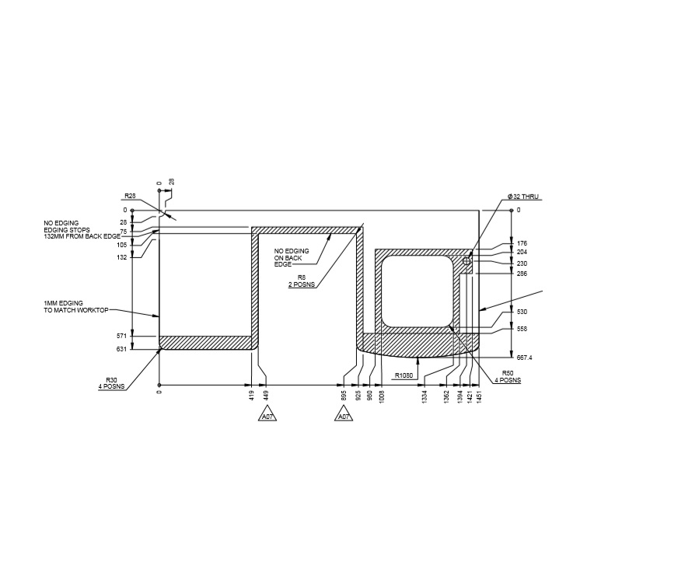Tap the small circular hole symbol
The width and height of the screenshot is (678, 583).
[x=467, y=262]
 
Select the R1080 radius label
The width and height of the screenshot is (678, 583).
[x=404, y=375]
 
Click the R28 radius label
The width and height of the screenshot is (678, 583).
[x=130, y=196]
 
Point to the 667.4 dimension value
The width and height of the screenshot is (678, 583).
[x=525, y=357]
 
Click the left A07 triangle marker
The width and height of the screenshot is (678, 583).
[x=267, y=417]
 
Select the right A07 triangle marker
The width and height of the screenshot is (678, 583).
[x=344, y=417]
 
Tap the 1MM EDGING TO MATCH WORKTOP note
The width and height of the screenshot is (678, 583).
[x=71, y=305]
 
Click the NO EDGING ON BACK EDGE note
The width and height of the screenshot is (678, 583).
[x=292, y=257]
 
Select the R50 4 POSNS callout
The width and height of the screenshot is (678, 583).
[x=508, y=376]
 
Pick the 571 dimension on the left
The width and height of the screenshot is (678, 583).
[x=122, y=336]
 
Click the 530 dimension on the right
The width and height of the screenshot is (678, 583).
[x=522, y=312]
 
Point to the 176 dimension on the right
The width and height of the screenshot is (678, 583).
[x=522, y=244]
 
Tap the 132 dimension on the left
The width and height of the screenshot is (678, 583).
[x=122, y=257]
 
